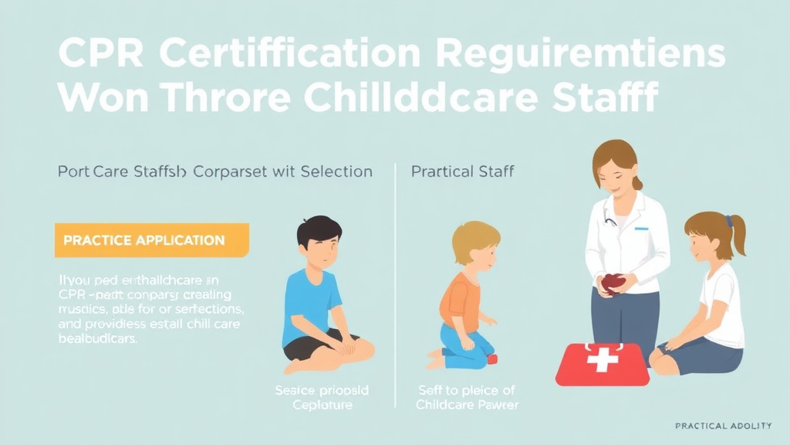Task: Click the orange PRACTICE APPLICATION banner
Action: pos(152,239)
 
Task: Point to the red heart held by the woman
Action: pos(613,283)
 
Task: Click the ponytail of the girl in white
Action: pos(737,236)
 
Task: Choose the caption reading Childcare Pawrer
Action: pos(467,405)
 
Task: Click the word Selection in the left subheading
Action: pos(336,171)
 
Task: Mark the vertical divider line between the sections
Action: pos(395,286)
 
